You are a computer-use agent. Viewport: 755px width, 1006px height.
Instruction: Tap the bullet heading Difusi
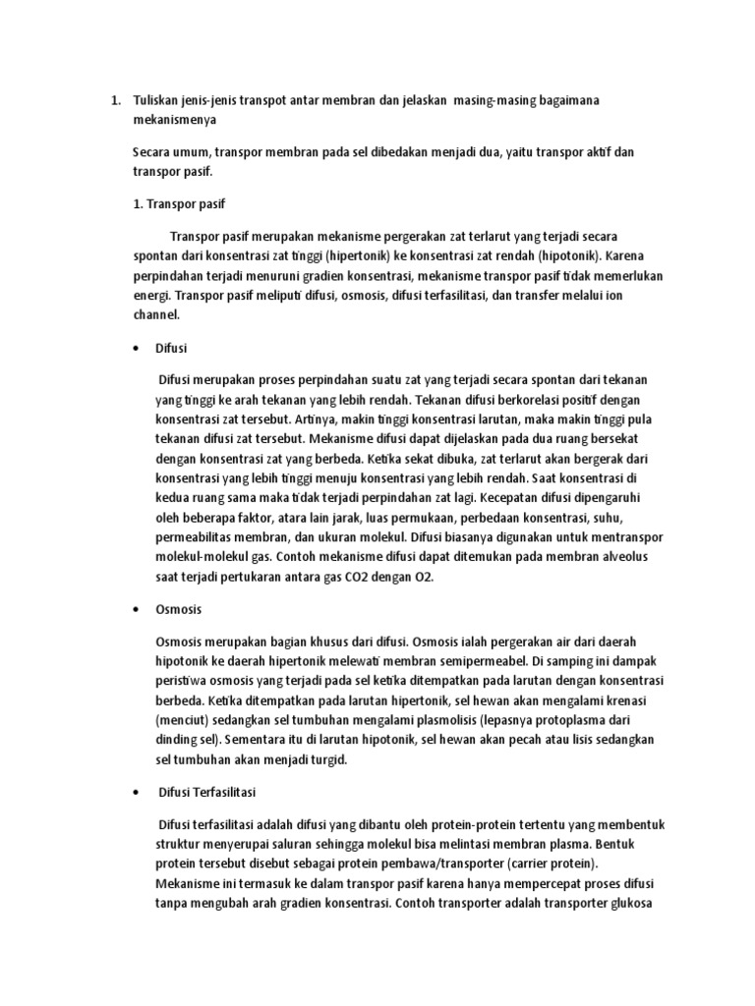point(171,348)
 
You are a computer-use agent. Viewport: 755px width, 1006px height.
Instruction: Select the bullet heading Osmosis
point(178,609)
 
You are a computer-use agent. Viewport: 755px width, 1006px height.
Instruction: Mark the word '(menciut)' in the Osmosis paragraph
point(184,718)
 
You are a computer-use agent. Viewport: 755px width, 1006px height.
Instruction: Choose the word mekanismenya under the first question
point(172,120)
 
